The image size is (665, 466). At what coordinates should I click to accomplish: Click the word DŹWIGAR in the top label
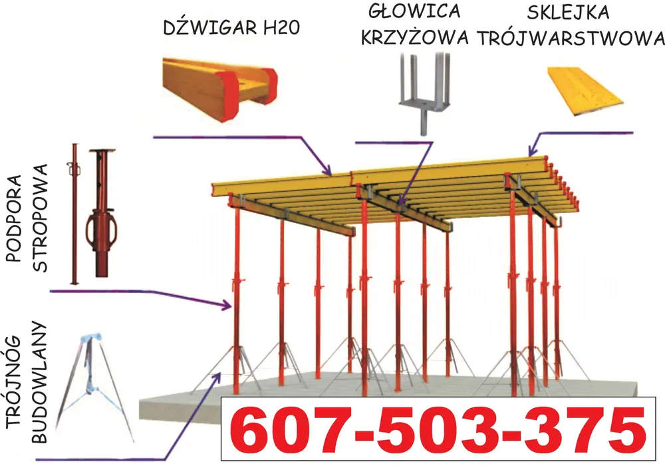[210, 27]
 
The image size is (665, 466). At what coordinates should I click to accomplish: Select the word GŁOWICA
[414, 11]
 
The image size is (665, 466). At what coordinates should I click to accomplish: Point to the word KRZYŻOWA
[415, 36]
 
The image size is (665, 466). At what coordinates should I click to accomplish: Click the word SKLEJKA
[569, 12]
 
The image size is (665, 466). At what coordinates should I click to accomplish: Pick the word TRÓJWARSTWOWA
[571, 38]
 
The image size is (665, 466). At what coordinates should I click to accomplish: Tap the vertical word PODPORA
[14, 218]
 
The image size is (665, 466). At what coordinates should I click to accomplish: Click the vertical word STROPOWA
[40, 218]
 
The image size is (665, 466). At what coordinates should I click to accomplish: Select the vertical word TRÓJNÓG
[14, 388]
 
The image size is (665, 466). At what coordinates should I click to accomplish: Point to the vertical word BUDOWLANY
[39, 382]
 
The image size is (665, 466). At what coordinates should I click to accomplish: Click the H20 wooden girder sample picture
[219, 90]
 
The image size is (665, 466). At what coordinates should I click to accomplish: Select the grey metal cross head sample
[424, 93]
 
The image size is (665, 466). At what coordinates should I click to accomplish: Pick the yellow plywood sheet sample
[585, 91]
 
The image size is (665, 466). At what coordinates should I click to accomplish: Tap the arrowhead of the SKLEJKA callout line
[531, 152]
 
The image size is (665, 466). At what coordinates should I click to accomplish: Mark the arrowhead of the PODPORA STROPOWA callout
[227, 305]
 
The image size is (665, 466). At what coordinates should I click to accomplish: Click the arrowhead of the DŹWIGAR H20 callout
[328, 172]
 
